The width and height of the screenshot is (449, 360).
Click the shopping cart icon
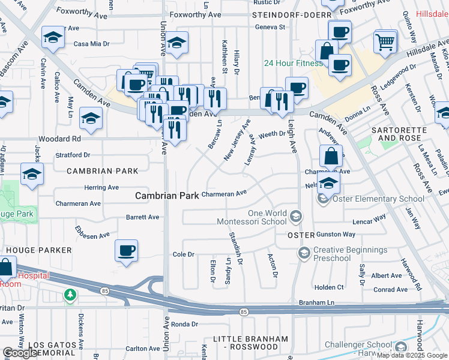tap(385, 42)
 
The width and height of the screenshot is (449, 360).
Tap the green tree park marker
tap(71, 295)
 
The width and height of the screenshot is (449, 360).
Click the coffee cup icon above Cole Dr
tap(126, 251)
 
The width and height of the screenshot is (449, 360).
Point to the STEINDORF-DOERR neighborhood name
tap(291, 14)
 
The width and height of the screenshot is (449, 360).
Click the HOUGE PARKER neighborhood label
tap(38, 250)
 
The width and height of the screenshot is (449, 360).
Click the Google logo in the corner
tap(19, 353)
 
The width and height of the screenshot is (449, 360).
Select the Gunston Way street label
tap(336, 235)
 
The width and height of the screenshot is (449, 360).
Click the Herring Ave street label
tap(101, 188)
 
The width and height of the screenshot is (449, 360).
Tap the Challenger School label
tap(358, 344)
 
